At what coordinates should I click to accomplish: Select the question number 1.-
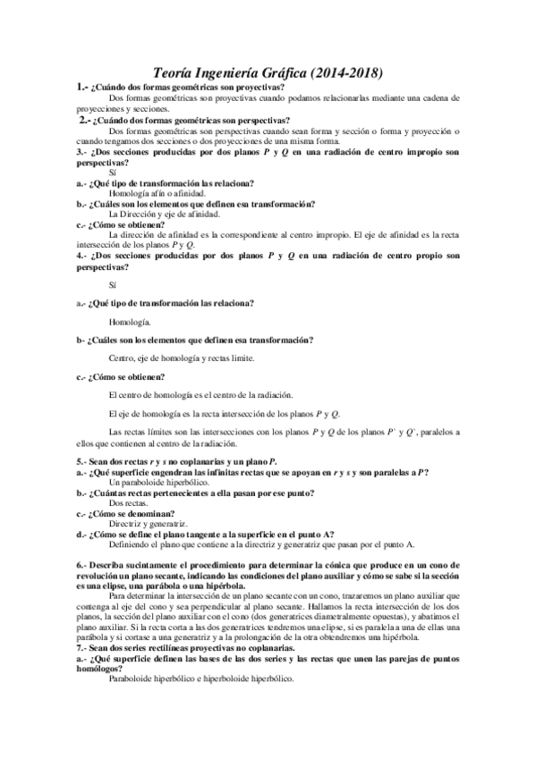[82, 87]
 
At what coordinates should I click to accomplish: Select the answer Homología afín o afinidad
[157, 193]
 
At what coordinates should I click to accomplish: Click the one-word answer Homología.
[129, 321]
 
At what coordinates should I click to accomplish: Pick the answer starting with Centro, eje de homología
[180, 358]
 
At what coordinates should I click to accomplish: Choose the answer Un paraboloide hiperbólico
[157, 482]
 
